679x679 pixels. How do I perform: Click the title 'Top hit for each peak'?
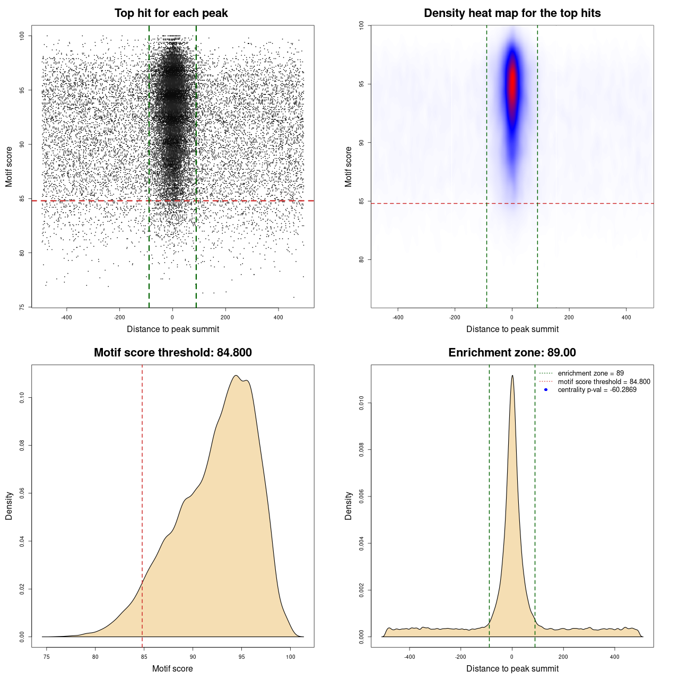click(171, 13)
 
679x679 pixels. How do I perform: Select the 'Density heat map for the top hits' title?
click(512, 13)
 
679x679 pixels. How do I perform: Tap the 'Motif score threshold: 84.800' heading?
click(172, 353)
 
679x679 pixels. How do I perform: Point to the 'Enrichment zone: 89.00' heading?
click(512, 353)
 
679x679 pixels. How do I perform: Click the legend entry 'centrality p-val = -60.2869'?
click(597, 390)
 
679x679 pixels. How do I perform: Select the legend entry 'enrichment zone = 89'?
click(590, 373)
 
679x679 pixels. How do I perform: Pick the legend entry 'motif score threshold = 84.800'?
click(604, 382)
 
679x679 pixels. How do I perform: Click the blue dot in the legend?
click(546, 390)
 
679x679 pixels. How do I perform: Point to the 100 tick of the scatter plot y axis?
click(22, 36)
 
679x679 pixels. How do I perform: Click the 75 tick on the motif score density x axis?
click(47, 657)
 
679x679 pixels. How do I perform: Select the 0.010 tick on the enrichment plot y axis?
click(362, 403)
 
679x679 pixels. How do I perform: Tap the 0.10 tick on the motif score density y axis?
click(22, 398)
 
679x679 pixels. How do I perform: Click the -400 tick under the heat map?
click(398, 317)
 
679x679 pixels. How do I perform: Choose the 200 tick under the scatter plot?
click(225, 317)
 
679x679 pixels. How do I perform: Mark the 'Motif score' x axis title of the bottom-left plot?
click(172, 668)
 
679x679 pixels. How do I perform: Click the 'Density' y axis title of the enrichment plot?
click(349, 506)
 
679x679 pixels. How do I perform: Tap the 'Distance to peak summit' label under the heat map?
click(512, 329)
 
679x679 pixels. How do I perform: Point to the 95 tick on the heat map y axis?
click(362, 84)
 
